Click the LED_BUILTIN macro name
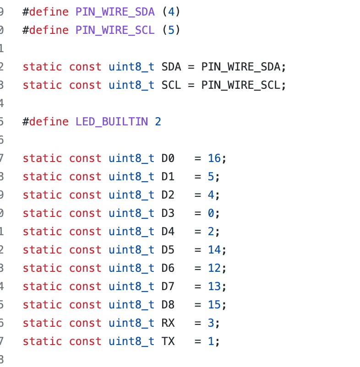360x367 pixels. (x=112, y=122)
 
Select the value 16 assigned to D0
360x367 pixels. (x=214, y=158)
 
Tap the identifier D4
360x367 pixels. (x=168, y=232)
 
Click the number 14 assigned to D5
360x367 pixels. (x=214, y=250)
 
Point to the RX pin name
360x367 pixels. (x=168, y=323)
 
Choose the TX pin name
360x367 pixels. (x=168, y=341)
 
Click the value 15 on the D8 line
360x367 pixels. (x=214, y=305)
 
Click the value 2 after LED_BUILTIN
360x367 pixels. (x=158, y=122)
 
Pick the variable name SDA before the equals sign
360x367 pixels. (x=171, y=67)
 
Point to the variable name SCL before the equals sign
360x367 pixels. (x=171, y=85)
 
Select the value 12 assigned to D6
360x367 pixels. (x=214, y=268)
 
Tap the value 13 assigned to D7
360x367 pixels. (x=214, y=286)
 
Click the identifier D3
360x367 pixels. (x=168, y=213)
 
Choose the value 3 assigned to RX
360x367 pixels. (x=211, y=323)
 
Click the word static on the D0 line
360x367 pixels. (x=42, y=158)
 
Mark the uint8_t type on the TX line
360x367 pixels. (x=131, y=341)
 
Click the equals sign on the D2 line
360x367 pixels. (x=198, y=195)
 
